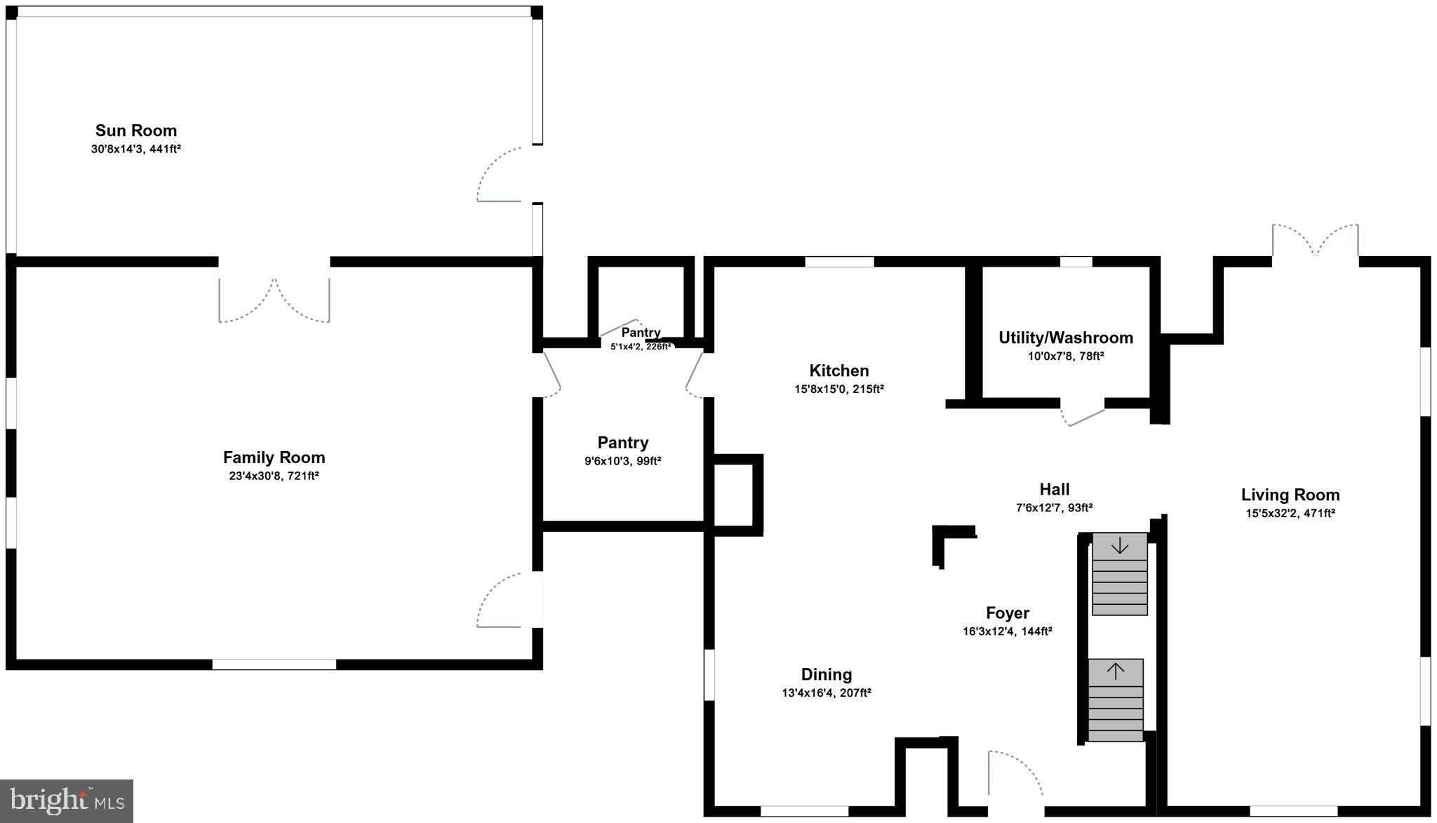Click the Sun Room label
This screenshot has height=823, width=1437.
[x=136, y=131]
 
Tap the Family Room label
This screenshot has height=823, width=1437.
[x=274, y=457]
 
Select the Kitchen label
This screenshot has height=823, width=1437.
[x=838, y=370]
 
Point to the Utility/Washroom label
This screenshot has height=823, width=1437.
[x=1065, y=337]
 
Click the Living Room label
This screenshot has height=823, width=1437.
[x=1290, y=495]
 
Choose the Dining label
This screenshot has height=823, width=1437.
[x=826, y=674]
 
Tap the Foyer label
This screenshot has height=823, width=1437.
[x=1007, y=613]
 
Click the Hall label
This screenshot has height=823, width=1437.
[x=1054, y=489]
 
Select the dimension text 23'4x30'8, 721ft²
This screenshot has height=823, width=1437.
[x=274, y=476]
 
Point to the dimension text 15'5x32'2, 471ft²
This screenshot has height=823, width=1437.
[x=1290, y=513]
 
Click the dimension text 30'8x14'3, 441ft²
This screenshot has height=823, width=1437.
[x=136, y=149]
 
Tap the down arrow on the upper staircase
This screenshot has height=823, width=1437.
[x=1119, y=545]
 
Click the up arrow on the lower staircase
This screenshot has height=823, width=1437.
[x=1115, y=671]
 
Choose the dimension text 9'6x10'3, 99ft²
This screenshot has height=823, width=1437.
[x=622, y=461]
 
